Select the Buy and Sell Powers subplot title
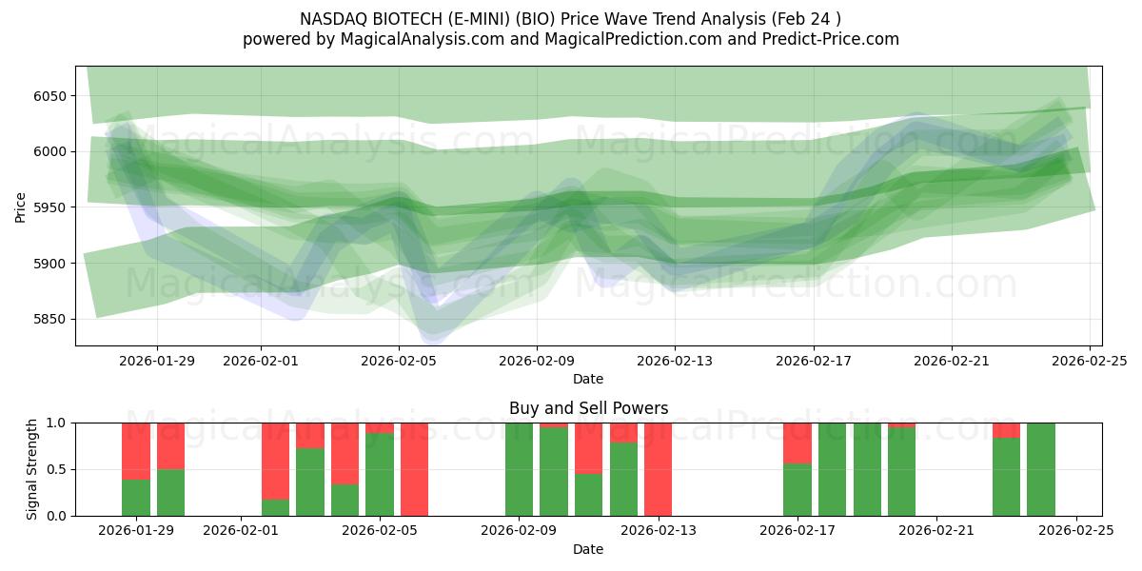pyautogui.click(x=588, y=408)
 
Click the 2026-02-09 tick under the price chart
pyautogui.click(x=536, y=361)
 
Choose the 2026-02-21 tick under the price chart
pyautogui.click(x=952, y=361)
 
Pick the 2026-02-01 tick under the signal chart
pyautogui.click(x=242, y=531)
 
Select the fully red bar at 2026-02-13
pyautogui.click(x=659, y=469)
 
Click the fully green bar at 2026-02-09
pyautogui.click(x=520, y=469)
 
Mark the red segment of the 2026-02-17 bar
pyautogui.click(x=797, y=443)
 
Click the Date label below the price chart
pyautogui.click(x=588, y=379)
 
